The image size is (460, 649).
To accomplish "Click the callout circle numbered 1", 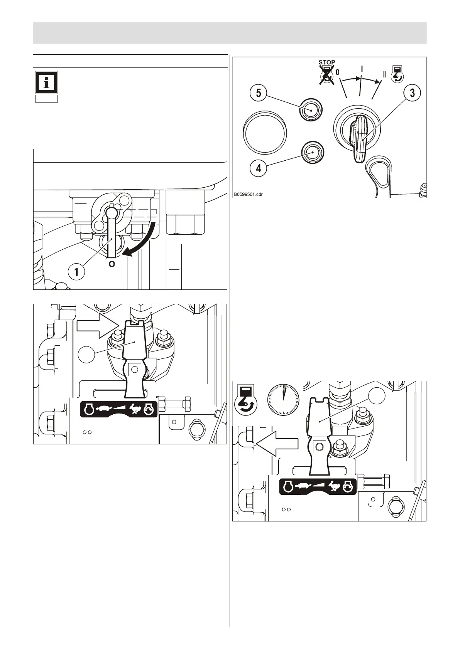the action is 77,272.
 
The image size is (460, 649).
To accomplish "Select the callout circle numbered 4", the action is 258,168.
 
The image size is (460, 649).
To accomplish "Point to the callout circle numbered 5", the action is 258,93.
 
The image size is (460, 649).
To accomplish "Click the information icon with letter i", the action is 46,82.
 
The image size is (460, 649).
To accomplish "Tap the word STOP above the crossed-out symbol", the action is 326,62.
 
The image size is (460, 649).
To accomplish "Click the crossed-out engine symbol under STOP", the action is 326,74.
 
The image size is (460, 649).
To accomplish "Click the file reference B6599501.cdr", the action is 247,194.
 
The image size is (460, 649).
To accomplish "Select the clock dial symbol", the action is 283,399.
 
